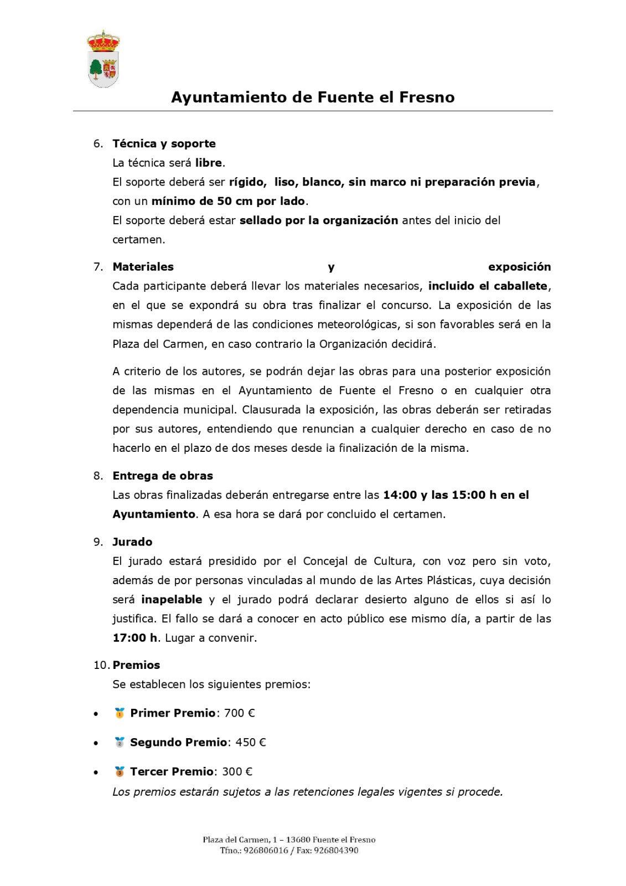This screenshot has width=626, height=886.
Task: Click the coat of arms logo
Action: tap(104, 59)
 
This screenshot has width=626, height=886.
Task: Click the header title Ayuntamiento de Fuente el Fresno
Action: tap(313, 97)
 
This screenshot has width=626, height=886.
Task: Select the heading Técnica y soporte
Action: tap(164, 143)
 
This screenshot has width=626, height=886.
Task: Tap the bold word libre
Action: tap(208, 163)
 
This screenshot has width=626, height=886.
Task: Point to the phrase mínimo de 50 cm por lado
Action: tap(229, 201)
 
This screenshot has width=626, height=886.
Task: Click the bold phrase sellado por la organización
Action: tap(319, 220)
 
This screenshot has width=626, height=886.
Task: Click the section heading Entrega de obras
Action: tap(163, 476)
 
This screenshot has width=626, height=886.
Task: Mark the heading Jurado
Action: tap(132, 542)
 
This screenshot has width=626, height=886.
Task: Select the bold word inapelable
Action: tap(172, 599)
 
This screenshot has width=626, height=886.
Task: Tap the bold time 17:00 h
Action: tap(135, 637)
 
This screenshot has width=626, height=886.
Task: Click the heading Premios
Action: tap(136, 665)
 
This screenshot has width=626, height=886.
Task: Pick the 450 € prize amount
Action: tap(251, 743)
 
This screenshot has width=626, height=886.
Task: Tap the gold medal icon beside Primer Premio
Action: tap(120, 713)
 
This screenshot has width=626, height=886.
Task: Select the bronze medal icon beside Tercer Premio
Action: tap(120, 771)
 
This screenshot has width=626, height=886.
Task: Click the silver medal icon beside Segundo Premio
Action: tap(120, 743)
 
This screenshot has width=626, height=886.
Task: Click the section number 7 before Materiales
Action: tap(97, 267)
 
